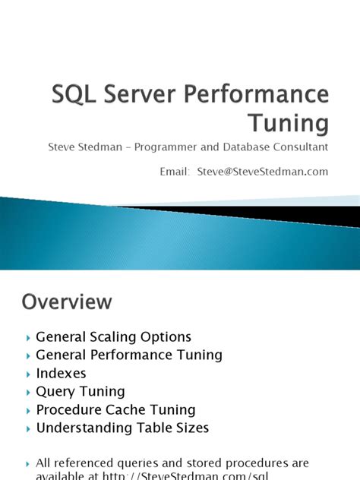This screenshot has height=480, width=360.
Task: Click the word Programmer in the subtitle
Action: pyautogui.click(x=171, y=146)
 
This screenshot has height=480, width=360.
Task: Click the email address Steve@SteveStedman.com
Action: pyautogui.click(x=262, y=171)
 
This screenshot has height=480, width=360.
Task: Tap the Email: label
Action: pyautogui.click(x=174, y=171)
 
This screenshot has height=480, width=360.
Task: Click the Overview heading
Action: pyautogui.click(x=67, y=302)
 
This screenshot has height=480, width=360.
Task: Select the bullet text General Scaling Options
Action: pyautogui.click(x=113, y=336)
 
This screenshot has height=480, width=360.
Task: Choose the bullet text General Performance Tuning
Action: pyautogui.click(x=129, y=355)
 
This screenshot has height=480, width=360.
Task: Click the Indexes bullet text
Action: pyautogui.click(x=61, y=373)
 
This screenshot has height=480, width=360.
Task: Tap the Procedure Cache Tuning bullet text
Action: pyautogui.click(x=115, y=410)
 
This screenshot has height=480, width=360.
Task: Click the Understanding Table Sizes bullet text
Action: pyautogui.click(x=122, y=428)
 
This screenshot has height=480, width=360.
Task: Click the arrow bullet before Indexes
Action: pyautogui.click(x=28, y=374)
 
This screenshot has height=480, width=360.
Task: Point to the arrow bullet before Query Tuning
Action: pyautogui.click(x=28, y=392)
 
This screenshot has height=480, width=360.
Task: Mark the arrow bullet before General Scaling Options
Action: pyautogui.click(x=28, y=337)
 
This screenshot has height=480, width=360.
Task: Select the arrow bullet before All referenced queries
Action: pyautogui.click(x=28, y=463)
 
